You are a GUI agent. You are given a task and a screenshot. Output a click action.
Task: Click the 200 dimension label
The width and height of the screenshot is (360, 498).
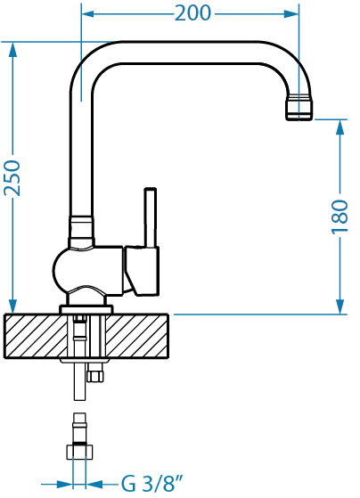pos(192,13)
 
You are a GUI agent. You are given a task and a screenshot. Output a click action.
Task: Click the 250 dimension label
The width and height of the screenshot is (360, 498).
pos(12,178)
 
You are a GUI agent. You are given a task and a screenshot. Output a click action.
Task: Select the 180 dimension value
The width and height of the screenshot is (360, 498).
pos(340,216)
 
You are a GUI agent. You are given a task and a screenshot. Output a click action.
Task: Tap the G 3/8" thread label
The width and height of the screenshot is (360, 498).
pos(152,484)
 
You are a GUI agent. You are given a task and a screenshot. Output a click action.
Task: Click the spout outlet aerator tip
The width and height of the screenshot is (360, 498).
pos(299,107)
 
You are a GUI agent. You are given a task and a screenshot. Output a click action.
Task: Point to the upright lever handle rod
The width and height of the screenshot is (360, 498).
pos(151,217)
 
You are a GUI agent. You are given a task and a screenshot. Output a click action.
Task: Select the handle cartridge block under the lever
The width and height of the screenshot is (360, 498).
pos(142,271)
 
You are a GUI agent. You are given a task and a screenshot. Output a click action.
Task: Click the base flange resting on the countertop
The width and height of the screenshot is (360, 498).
pos(86,309)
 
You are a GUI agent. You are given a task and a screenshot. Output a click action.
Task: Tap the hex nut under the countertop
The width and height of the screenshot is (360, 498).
pos(95,375)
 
